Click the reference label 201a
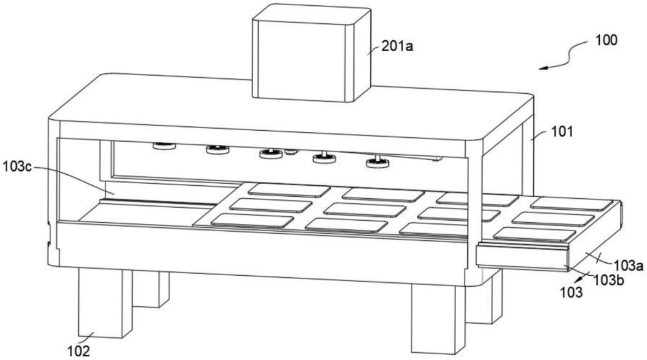point(397,46)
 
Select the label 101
point(562,131)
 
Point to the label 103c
point(17,167)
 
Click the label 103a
point(628,265)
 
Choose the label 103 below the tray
point(571,292)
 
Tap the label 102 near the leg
point(78,351)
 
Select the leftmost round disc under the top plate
point(164,146)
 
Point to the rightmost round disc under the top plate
point(377,163)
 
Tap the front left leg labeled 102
point(105,302)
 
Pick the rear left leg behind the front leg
point(151,289)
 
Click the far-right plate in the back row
point(571,204)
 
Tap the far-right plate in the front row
point(535,234)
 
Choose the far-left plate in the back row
point(289,190)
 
